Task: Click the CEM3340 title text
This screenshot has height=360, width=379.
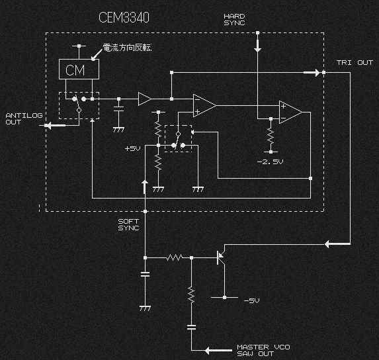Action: pos(124,17)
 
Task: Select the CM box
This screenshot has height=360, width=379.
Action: pos(79,69)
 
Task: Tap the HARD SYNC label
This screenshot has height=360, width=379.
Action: pos(234,20)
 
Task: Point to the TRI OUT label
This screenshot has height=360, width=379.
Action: pos(355,63)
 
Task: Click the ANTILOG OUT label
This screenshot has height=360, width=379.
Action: pos(24,118)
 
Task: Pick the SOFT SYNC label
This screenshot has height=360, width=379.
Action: pos(128,224)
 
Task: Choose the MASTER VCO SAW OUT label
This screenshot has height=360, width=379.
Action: pos(263,350)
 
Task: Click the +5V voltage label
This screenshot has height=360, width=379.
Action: pos(132,148)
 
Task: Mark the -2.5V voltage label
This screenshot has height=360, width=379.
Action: pos(270,161)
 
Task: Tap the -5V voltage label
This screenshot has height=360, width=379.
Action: pos(251,300)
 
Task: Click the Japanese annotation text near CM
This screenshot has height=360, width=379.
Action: pos(127,48)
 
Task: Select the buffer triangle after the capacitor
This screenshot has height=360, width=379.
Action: pos(145,99)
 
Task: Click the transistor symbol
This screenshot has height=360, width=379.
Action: pos(221,257)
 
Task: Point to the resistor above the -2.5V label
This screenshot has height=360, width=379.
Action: pos(271,136)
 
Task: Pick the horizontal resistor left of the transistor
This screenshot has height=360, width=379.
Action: pos(175,257)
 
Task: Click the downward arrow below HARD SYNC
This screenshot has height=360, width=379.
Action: pos(257,46)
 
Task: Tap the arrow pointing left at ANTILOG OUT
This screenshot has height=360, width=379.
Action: pos(55,126)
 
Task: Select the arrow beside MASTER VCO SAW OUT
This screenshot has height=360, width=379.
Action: pos(218,350)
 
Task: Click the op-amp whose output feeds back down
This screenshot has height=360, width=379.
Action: pos(290,112)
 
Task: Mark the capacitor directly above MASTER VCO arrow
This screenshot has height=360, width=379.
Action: pos(191,328)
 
